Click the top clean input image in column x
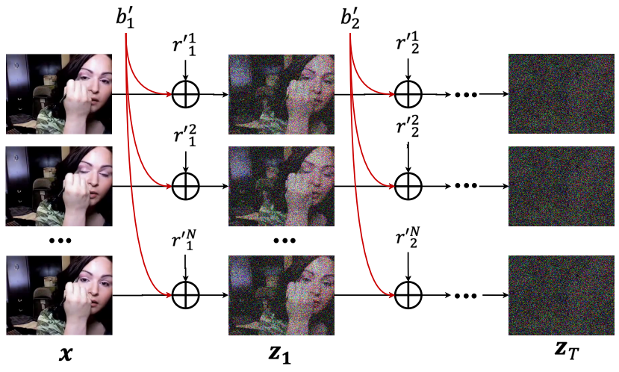tap(59, 94)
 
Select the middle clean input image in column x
tap(59, 186)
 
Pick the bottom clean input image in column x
tap(59, 296)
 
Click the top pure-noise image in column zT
tap(561, 94)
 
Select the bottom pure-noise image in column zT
tap(561, 296)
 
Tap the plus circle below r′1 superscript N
tap(185, 296)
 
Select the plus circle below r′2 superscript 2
tap(408, 186)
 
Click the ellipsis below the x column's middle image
tap(59, 241)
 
